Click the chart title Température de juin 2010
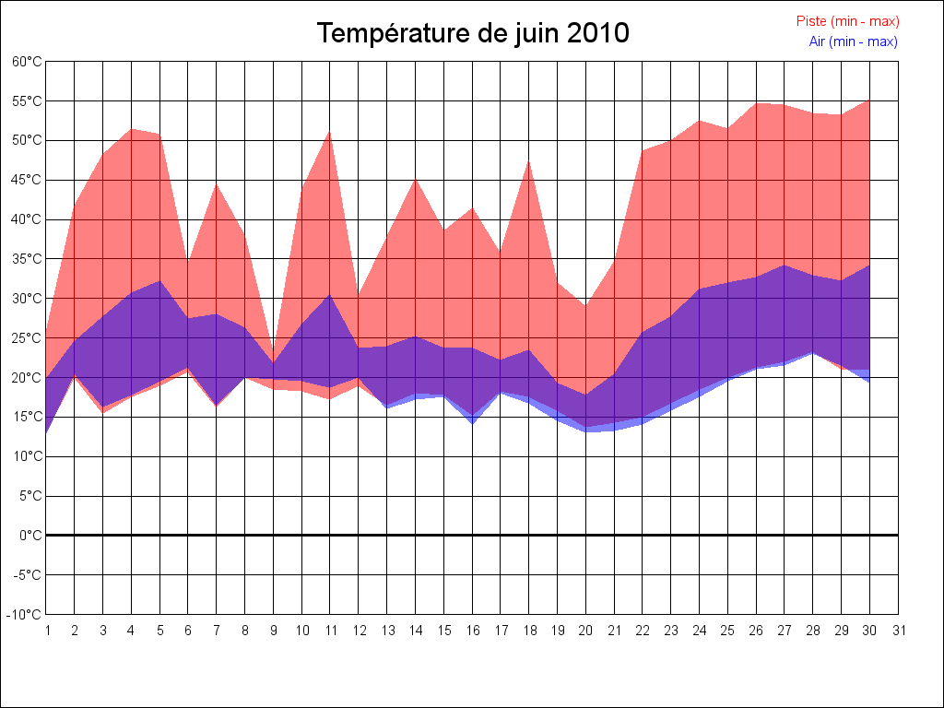point(473,33)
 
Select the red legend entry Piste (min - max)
point(847,21)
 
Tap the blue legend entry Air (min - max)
point(853,41)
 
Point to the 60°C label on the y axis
point(27,62)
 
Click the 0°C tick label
point(30,536)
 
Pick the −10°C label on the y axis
point(25,615)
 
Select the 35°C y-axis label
point(27,259)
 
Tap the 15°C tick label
point(27,417)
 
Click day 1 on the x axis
point(47,631)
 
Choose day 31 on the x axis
point(899,631)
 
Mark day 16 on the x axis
point(472,631)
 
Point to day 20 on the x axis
point(585,631)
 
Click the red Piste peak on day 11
point(330,132)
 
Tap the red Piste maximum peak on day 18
point(529,161)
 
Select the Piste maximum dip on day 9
point(273,362)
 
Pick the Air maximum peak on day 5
point(159,281)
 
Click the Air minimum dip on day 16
point(472,423)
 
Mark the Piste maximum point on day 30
point(869,100)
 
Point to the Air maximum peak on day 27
point(785,265)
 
